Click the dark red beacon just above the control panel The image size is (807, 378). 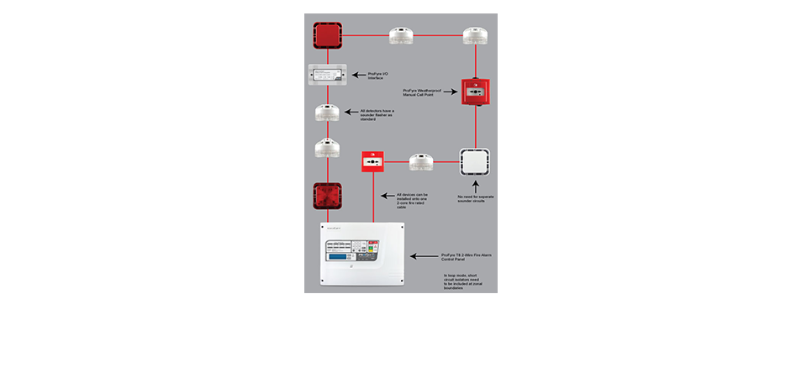(326, 198)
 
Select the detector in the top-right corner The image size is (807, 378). (476, 35)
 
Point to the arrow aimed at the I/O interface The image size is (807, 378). (359, 75)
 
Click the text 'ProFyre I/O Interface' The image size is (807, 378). (382, 75)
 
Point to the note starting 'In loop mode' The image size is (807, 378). (462, 281)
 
